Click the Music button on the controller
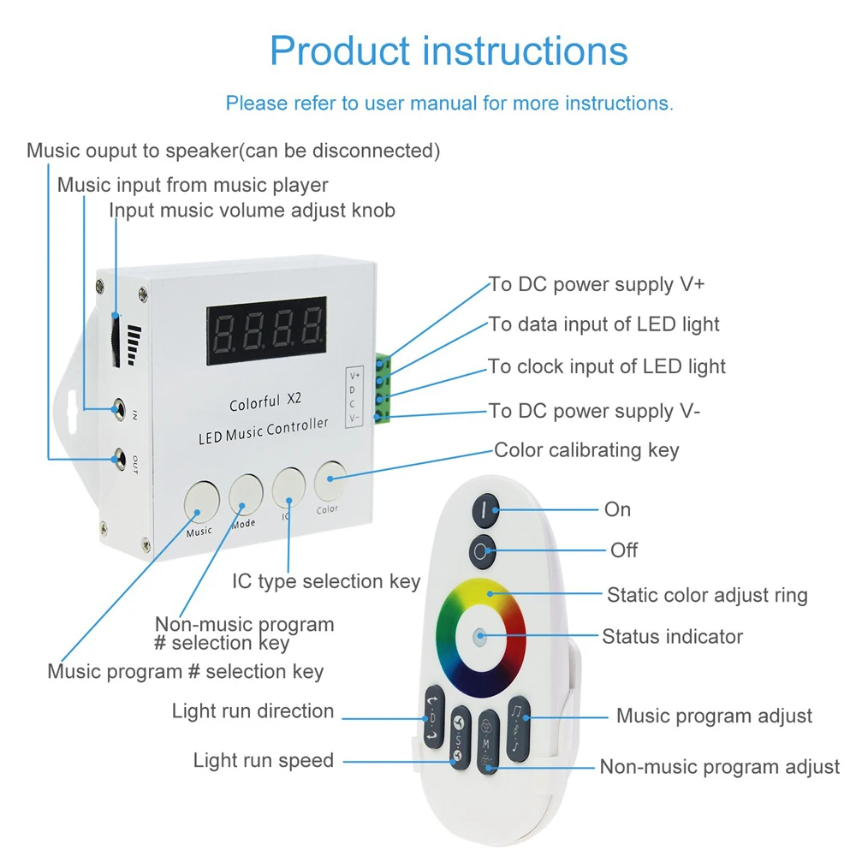(199, 502)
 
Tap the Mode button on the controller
(246, 492)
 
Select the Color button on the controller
(330, 480)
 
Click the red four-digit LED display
(266, 326)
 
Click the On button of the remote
(484, 509)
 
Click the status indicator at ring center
(479, 637)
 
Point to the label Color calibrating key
(586, 450)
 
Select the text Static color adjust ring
(707, 594)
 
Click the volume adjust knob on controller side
(116, 342)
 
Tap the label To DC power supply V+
(597, 284)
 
